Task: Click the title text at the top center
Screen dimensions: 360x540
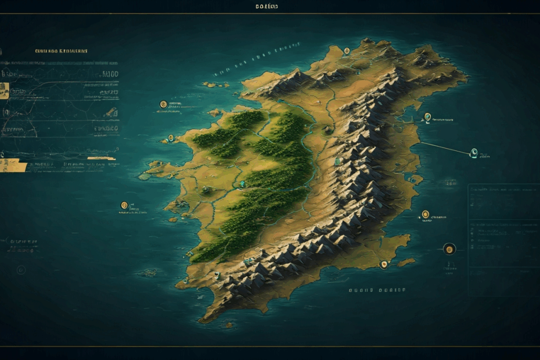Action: point(267,6)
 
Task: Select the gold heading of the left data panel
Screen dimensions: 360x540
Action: point(62,51)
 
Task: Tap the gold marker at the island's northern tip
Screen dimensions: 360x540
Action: point(347,51)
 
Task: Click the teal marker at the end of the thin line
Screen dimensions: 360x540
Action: point(474,153)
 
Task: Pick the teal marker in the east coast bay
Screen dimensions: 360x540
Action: point(428,117)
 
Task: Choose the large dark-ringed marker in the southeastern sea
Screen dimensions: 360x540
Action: point(449,249)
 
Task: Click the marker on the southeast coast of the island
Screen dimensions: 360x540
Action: point(383,264)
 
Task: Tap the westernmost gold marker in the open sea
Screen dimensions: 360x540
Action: point(124,205)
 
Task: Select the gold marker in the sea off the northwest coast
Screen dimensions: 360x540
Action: point(164,105)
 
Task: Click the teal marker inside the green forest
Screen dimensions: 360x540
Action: point(242,184)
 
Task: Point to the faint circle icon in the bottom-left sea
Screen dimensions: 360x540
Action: point(21,269)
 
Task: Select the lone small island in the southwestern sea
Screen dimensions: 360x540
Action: point(149,272)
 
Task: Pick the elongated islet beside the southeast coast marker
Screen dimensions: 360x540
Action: point(406,262)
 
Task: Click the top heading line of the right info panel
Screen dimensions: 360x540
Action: point(503,190)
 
